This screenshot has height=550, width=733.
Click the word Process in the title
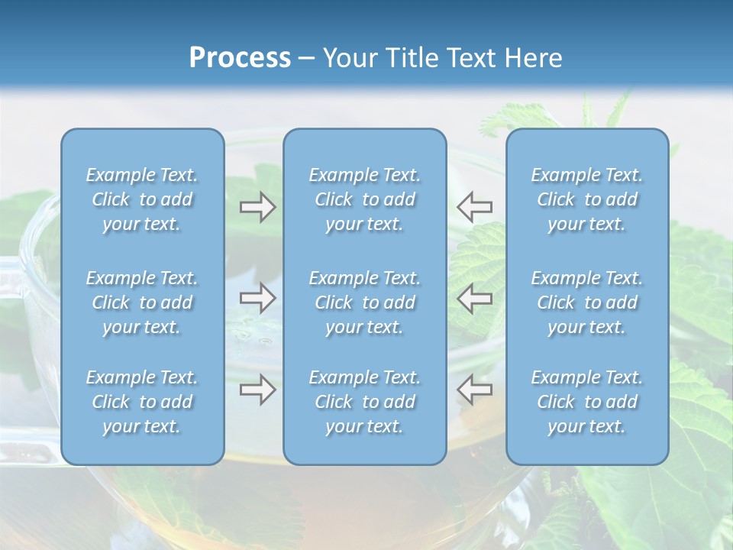tap(240, 58)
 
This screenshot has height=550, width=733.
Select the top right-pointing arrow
tap(258, 207)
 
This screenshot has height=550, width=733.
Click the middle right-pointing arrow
tap(258, 298)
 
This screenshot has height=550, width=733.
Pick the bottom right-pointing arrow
tap(258, 390)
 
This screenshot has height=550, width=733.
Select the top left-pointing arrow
tap(474, 207)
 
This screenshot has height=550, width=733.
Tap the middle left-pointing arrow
tap(474, 298)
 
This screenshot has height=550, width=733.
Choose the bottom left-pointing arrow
tap(474, 390)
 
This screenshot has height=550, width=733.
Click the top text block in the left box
tap(142, 199)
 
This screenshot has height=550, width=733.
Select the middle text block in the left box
tap(142, 302)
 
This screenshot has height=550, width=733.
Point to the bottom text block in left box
tap(142, 402)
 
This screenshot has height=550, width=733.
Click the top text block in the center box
tap(364, 199)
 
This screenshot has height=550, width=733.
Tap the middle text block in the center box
tap(364, 302)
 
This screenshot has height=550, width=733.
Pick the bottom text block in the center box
tap(364, 402)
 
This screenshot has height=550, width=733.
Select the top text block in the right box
tap(586, 199)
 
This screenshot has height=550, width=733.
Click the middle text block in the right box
tap(586, 302)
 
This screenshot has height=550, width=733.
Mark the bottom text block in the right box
tap(586, 402)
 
